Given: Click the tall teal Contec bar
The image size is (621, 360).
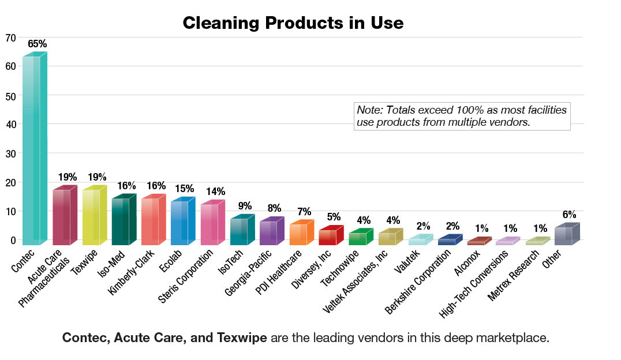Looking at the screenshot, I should click(33, 150).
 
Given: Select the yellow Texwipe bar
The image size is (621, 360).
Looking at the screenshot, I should click(93, 216).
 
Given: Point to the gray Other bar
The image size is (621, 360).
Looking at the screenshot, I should click(566, 235).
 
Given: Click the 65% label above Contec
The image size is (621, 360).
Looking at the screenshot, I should click(37, 44).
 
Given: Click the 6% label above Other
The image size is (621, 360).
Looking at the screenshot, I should click(569, 214).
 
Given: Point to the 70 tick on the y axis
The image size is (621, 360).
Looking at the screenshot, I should click(10, 38).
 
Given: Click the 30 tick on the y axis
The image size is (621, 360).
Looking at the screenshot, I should click(10, 153).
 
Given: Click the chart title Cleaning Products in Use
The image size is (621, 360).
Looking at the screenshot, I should click(293, 23).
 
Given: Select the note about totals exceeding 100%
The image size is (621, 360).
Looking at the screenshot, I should click(461, 117).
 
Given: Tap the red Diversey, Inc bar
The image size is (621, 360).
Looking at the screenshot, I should click(331, 237).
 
